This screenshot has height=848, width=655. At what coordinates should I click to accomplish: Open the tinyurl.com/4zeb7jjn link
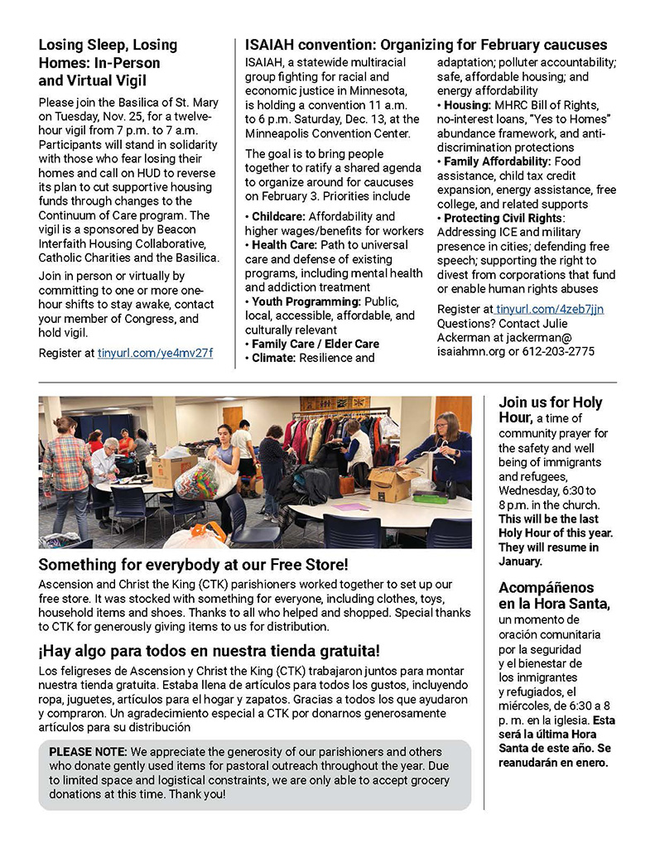point(550,309)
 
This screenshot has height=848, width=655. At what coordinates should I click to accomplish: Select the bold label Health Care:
point(281,245)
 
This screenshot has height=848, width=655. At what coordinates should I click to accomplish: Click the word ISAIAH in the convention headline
point(272,45)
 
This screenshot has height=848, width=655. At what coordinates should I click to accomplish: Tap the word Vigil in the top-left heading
point(128,80)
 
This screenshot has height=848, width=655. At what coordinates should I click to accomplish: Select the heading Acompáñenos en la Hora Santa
point(554,596)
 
